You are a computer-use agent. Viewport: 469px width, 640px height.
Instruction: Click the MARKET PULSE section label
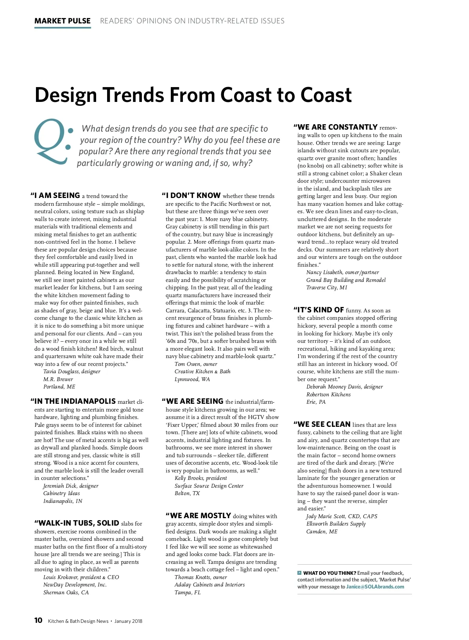(63, 21)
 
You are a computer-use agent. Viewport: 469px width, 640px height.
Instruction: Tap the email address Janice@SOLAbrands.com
(375, 587)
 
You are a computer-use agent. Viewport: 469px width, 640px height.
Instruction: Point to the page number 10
(38, 620)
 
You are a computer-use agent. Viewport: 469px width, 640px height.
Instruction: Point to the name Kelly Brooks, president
(200, 478)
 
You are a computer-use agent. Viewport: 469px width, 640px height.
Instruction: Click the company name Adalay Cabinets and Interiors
(209, 585)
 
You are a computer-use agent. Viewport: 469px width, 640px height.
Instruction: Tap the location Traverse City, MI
(326, 287)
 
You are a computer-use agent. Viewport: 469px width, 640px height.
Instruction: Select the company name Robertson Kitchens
(328, 394)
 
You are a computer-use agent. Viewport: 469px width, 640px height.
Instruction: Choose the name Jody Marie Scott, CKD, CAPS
(342, 516)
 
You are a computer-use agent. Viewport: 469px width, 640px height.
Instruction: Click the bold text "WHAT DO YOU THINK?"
(329, 573)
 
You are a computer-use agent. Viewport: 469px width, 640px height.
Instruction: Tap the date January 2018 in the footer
(128, 621)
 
